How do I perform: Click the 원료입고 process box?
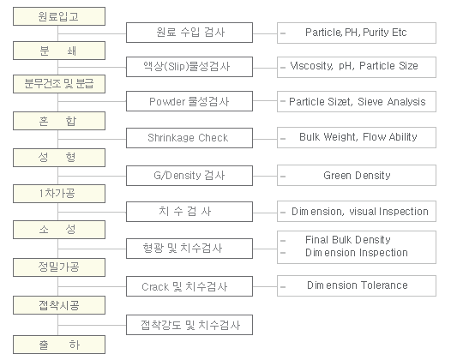[59, 16]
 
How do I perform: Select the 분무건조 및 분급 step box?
[59, 84]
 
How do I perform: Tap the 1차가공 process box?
[59, 194]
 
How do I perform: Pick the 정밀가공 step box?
[59, 267]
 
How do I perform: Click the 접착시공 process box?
[59, 305]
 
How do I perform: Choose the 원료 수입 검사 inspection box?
[189, 33]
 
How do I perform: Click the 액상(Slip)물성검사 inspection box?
[189, 67]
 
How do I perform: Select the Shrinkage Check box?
[189, 138]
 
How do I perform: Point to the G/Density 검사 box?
[189, 176]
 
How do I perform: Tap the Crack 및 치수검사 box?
[189, 286]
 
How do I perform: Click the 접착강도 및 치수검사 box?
[189, 325]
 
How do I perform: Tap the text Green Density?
[357, 176]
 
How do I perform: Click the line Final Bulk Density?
[348, 239]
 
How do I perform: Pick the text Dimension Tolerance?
[358, 285]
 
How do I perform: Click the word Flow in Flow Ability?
[374, 137]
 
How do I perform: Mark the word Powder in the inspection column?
[167, 102]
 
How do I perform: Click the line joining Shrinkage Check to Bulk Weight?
[265, 139]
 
